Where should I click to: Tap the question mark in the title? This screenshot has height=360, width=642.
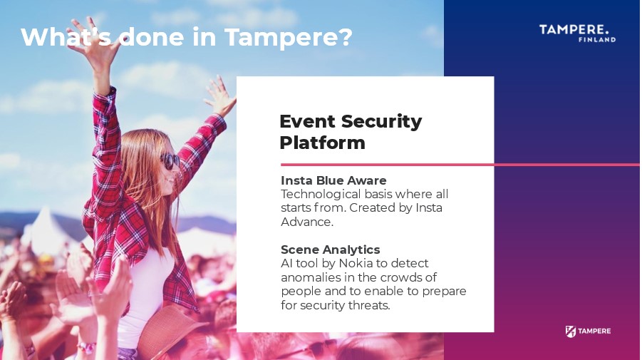click(346, 36)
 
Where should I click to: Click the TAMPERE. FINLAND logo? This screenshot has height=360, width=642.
click(577, 34)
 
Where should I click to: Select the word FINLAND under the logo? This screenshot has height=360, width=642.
click(597, 39)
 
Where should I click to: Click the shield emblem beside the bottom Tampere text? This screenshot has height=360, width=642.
click(570, 331)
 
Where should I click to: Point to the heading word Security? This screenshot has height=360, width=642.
click(381, 122)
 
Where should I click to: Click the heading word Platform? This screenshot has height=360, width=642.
click(322, 143)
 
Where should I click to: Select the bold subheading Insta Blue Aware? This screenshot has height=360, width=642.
click(333, 180)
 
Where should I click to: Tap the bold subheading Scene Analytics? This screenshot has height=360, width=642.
click(330, 250)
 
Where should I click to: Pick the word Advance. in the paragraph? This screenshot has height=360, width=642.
click(306, 222)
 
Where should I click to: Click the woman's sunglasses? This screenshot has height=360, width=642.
click(170, 160)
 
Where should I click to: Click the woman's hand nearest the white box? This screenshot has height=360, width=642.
click(220, 96)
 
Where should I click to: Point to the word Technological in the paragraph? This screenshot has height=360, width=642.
click(321, 195)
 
